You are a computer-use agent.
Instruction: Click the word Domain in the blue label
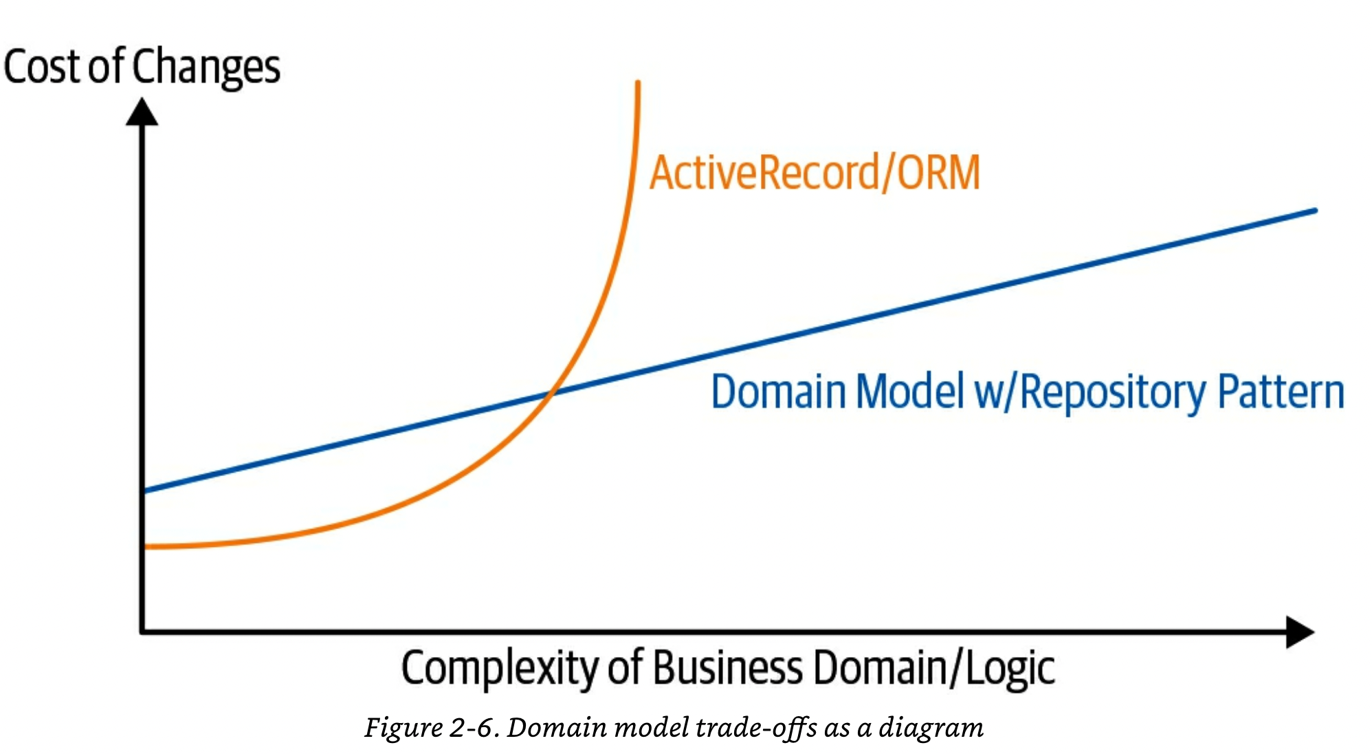(x=779, y=391)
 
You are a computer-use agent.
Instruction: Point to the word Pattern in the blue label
(x=1281, y=391)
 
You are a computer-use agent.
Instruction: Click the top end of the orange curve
(x=638, y=83)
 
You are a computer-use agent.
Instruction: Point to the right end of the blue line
(x=1315, y=211)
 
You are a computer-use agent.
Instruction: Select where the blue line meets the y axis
(x=144, y=491)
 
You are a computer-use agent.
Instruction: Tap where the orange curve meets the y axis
(x=144, y=547)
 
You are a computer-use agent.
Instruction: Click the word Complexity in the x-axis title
(x=501, y=669)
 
